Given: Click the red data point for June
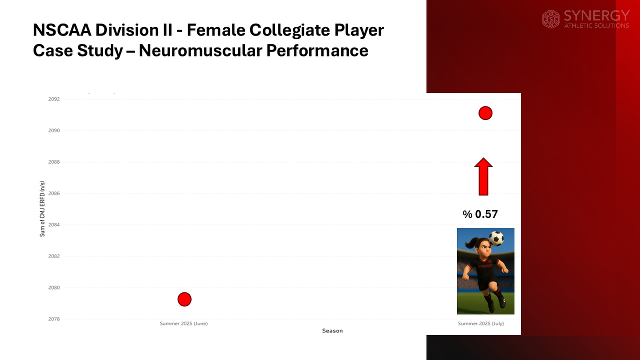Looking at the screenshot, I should tap(184, 299).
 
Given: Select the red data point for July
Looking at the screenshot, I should tap(485, 113).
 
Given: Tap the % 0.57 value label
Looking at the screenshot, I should tap(480, 214).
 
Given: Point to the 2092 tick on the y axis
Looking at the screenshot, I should tap(54, 99).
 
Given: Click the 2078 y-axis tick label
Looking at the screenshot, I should tap(54, 319).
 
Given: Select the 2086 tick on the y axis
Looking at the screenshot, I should tap(54, 194).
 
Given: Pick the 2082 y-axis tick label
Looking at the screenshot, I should tap(54, 256).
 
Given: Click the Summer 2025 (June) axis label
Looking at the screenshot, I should tap(184, 324).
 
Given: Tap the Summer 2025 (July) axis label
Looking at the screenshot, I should tap(481, 324).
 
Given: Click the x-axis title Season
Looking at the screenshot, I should tap(332, 331).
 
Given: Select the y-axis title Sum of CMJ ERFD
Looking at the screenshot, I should tap(42, 209).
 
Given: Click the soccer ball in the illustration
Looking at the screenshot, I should tap(496, 238).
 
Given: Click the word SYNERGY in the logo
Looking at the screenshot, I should tap(596, 16).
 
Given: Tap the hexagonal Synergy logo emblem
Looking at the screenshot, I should tap(551, 19).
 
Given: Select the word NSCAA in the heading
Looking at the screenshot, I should tap(62, 30).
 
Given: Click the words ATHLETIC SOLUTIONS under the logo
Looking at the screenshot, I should tap(596, 26).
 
